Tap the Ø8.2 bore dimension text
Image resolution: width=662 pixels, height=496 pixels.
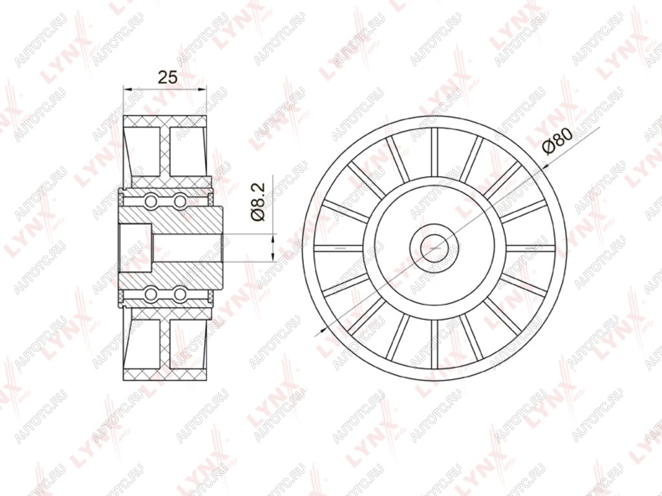click(258, 201)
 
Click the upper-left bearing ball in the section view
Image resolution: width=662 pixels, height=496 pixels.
click(150, 200)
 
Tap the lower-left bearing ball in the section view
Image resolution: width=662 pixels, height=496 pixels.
click(150, 294)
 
